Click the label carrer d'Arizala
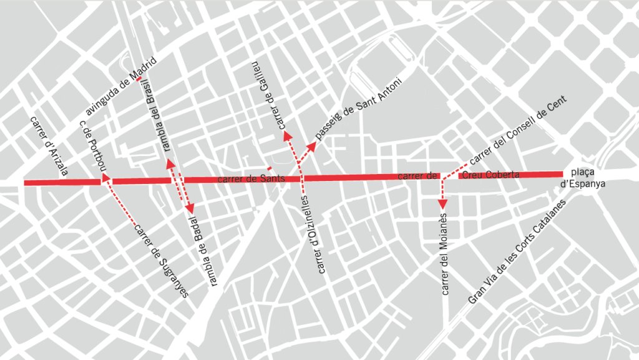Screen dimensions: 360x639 tap(49, 145)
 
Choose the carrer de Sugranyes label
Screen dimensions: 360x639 tap(162, 258)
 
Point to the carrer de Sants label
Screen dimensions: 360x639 tap(251, 180)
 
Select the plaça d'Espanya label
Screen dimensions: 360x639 tap(583, 178)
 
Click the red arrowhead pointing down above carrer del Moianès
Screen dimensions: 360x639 tap(442, 203)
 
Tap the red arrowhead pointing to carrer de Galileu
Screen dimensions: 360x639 tap(286, 134)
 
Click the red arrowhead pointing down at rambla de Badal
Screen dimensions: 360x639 tap(190, 209)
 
